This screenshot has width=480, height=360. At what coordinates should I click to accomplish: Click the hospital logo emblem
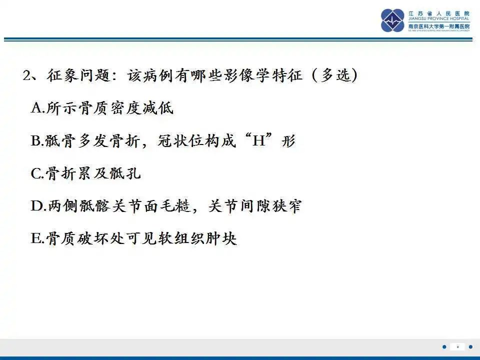(x=392, y=20)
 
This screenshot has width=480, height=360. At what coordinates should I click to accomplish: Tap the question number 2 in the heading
(x=27, y=76)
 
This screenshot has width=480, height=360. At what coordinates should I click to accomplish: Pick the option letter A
(x=36, y=108)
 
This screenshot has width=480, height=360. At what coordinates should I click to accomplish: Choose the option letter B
(x=36, y=141)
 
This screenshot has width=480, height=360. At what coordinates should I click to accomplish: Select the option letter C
(x=36, y=173)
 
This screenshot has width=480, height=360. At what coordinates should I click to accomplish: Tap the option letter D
(x=36, y=206)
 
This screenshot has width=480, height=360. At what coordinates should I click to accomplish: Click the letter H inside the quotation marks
(x=258, y=141)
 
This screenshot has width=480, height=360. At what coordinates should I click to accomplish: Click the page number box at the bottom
(x=457, y=346)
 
